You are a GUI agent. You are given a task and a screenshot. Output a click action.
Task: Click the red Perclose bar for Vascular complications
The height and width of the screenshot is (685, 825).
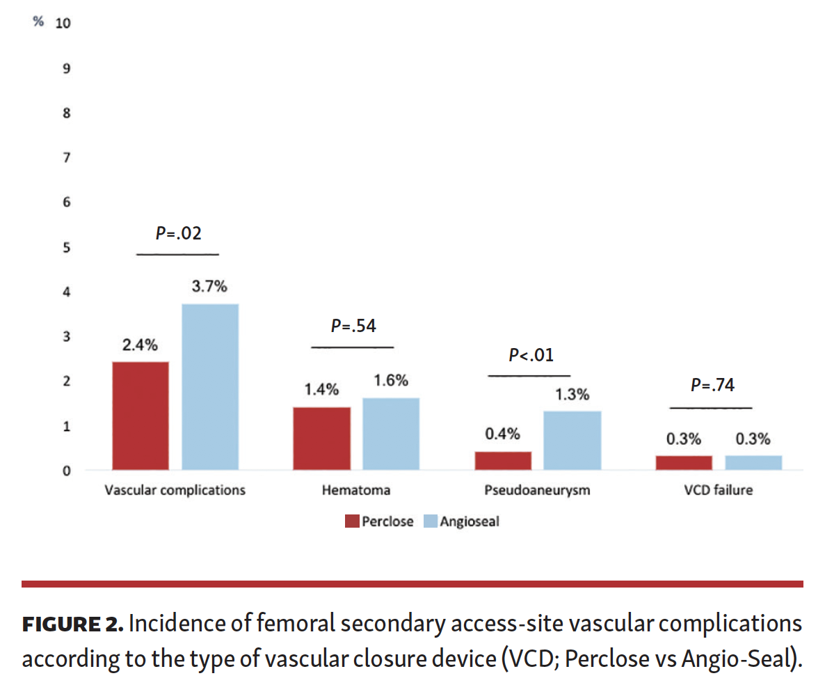click(141, 416)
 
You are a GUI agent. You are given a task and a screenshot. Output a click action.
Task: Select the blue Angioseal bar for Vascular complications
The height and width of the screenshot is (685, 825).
click(210, 386)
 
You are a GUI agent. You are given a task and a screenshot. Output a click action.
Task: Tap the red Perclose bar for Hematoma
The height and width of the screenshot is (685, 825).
click(321, 438)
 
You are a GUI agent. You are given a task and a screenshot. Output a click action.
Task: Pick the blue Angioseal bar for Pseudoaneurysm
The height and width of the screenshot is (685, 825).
click(572, 440)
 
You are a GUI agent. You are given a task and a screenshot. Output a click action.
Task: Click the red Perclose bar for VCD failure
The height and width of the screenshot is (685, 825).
click(683, 462)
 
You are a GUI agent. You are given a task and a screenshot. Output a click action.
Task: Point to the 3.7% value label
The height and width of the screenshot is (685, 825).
click(209, 286)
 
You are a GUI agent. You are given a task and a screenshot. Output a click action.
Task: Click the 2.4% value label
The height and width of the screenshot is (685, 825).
click(141, 345)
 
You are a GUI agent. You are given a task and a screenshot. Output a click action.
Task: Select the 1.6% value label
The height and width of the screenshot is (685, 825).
click(390, 381)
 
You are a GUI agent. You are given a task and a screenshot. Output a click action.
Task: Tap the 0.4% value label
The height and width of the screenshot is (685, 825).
click(502, 434)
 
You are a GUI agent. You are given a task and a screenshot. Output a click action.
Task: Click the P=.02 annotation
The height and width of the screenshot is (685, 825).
click(178, 234)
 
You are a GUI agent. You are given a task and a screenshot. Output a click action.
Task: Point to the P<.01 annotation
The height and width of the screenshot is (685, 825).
click(531, 356)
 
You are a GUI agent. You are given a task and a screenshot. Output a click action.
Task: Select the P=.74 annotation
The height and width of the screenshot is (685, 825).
click(712, 385)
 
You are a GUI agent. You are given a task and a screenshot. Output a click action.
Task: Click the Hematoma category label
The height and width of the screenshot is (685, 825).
click(355, 490)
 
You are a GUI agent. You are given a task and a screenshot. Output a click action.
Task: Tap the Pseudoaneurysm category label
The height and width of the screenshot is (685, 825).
click(537, 490)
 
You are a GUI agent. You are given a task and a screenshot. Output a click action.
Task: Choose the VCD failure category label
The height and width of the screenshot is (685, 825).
click(718, 490)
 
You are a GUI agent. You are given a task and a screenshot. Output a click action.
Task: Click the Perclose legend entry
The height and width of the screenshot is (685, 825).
click(380, 521)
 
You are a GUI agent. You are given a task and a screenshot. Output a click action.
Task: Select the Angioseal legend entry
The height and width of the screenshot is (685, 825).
click(461, 521)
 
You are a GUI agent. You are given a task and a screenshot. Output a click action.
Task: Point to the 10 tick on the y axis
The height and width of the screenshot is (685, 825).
click(63, 23)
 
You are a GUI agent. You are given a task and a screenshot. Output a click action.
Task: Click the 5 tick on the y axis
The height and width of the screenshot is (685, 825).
click(67, 248)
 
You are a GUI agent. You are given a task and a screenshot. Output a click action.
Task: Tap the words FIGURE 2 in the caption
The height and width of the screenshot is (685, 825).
click(72, 624)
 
